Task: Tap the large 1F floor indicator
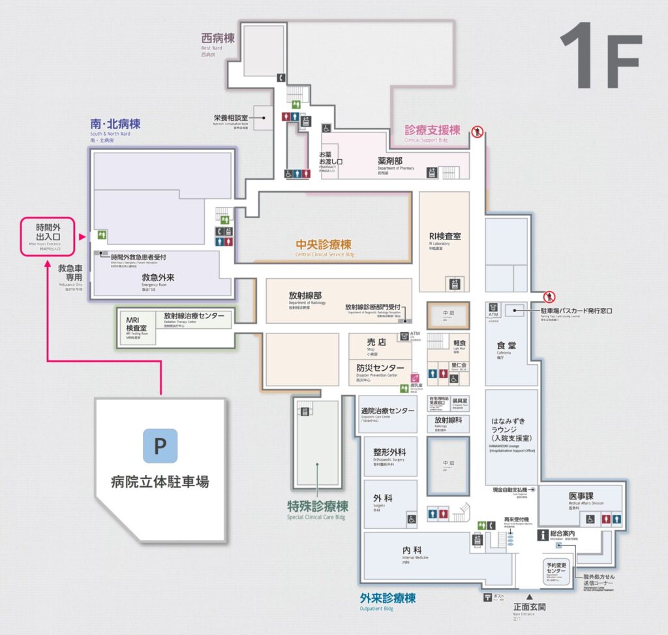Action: pyautogui.click(x=600, y=56)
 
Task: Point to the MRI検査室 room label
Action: pyautogui.click(x=136, y=324)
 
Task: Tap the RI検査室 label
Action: pyautogui.click(x=444, y=236)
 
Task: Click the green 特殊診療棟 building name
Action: pyautogui.click(x=318, y=506)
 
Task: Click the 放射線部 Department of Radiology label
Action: pyautogui.click(x=305, y=296)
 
